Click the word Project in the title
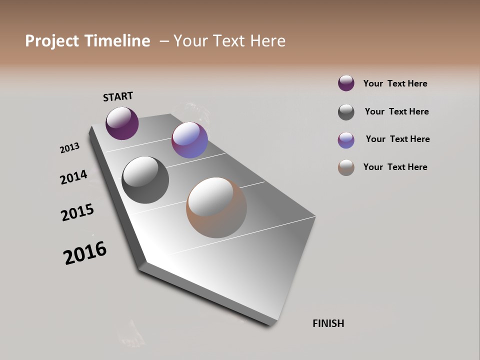[51, 41]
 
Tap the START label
[118, 96]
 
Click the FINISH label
[328, 323]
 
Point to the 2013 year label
[69, 147]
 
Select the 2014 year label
[73, 177]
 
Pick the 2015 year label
[77, 212]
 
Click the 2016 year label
[85, 253]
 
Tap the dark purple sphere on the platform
[122, 123]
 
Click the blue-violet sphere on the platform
[189, 140]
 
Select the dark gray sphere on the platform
[145, 180]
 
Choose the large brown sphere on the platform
[216, 207]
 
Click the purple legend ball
[346, 83]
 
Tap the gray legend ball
[346, 112]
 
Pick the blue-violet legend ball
[346, 139]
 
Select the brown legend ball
[346, 167]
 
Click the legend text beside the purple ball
[395, 84]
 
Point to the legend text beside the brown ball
[395, 167]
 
